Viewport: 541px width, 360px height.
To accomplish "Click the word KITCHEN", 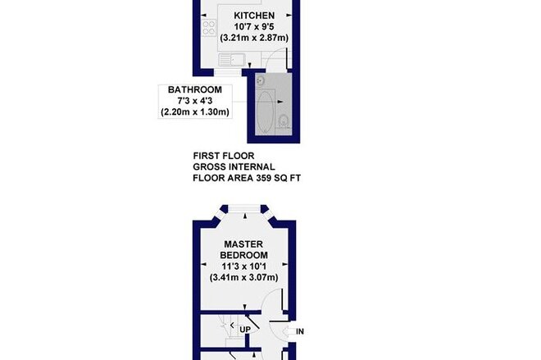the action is pos(254,16).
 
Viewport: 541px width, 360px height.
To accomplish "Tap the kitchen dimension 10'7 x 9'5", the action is pos(254,26).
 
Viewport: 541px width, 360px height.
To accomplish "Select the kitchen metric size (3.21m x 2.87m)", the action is pos(254,38).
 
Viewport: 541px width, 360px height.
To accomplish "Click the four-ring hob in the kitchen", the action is pos(209,28).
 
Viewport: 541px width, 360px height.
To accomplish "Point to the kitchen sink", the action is pos(231,60).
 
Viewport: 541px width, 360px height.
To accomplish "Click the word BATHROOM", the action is pos(195,89).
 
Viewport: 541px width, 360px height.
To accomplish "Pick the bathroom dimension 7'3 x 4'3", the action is pos(195,101).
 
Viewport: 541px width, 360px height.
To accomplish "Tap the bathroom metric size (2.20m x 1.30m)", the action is pos(195,112).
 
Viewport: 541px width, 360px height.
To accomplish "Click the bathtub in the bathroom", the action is pos(266,112).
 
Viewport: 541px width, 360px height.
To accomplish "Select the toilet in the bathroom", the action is pos(284,121).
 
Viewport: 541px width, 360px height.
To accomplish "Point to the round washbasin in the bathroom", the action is pos(260,80).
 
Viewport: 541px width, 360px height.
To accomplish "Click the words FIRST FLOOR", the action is pos(224,156).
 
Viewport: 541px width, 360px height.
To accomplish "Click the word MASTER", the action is pos(243,244).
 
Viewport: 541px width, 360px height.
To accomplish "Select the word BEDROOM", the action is pos(243,255).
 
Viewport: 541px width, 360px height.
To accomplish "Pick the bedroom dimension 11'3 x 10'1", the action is pos(243,267).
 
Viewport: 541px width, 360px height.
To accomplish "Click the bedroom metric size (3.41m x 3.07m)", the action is pos(243,277).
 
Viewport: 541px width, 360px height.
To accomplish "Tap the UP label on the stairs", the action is pos(245,330).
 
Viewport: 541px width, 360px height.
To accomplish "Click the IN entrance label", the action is pos(300,331).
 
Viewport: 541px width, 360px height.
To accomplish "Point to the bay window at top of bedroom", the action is pos(244,207).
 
